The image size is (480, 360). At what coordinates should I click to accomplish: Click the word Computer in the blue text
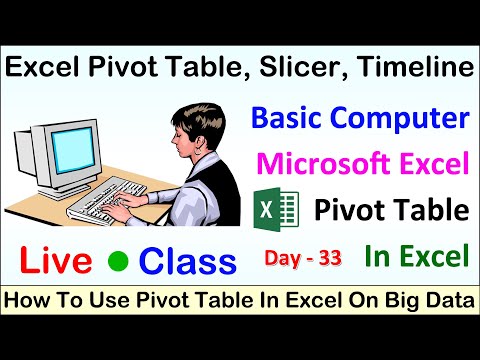click(x=410, y=120)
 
